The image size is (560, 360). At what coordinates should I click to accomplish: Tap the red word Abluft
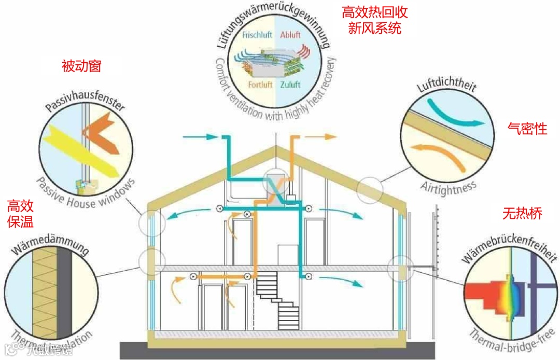290,36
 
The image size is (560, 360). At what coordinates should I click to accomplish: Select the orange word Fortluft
260,85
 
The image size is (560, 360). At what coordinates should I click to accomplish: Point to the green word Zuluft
290,85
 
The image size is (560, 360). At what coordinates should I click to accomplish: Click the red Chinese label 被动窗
81,66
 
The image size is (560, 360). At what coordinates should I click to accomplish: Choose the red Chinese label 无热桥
522,213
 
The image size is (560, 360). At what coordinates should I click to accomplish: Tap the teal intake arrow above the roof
200,137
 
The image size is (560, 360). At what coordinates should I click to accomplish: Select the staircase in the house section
277,301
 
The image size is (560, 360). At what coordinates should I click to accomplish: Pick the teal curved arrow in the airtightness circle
456,115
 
